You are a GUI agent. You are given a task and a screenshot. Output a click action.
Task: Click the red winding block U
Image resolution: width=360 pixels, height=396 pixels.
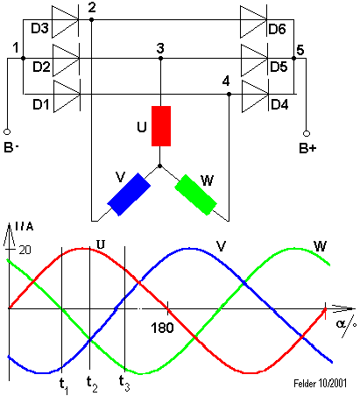click(161, 126)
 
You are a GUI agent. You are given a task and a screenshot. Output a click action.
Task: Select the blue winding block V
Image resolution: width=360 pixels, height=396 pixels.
click(129, 194)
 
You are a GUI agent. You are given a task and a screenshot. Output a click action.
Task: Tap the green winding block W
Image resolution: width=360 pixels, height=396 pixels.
click(196, 194)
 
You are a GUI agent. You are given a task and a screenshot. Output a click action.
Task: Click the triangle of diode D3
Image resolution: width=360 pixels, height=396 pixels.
click(65, 22)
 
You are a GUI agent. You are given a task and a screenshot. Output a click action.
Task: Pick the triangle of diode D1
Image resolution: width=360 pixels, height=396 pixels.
click(67, 96)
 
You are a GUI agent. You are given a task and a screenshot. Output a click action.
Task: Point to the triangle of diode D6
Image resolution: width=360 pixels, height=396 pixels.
click(253, 22)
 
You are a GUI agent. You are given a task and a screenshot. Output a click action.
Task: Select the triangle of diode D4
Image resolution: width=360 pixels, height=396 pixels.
click(256, 96)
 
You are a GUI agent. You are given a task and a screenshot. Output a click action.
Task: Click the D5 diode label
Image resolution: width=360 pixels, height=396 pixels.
click(279, 67)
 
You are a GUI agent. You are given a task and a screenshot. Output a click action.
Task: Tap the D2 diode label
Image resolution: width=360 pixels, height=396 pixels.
click(41, 67)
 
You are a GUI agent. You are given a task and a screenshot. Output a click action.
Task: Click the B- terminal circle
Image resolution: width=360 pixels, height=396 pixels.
click(7, 132)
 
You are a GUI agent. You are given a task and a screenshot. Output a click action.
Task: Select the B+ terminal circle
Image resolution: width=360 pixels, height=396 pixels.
click(307, 133)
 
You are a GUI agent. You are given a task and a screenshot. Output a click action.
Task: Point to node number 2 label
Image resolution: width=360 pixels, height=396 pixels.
click(92, 8)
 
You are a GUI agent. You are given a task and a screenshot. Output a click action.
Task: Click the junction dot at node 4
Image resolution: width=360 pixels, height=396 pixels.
click(229, 95)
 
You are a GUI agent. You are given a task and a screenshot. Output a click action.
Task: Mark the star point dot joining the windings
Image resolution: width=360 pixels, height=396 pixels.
click(159, 166)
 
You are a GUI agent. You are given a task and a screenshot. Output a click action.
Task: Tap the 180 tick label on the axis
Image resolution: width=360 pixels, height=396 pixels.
click(162, 328)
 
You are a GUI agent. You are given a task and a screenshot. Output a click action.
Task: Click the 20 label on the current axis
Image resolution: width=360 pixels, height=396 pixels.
click(25, 250)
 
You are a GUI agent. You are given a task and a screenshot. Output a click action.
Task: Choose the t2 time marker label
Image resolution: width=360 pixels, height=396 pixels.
click(92, 384)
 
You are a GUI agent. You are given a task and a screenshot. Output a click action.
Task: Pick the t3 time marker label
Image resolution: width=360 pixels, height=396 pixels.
click(124, 383)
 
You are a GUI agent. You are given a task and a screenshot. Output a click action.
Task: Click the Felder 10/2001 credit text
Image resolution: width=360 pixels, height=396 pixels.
click(320, 383)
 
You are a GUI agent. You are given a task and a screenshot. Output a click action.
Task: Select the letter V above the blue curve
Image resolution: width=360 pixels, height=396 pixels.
click(221, 246)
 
